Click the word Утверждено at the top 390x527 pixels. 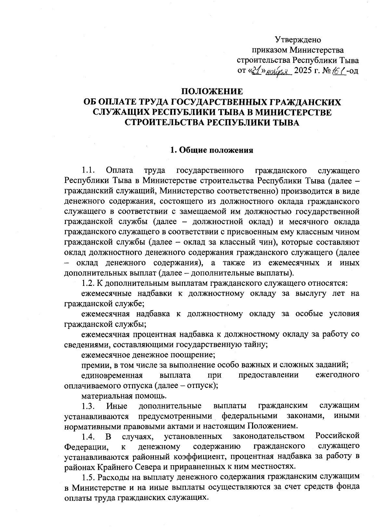(x=298, y=40)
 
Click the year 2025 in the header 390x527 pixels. (x=302, y=71)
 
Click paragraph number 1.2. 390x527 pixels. (x=88, y=283)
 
